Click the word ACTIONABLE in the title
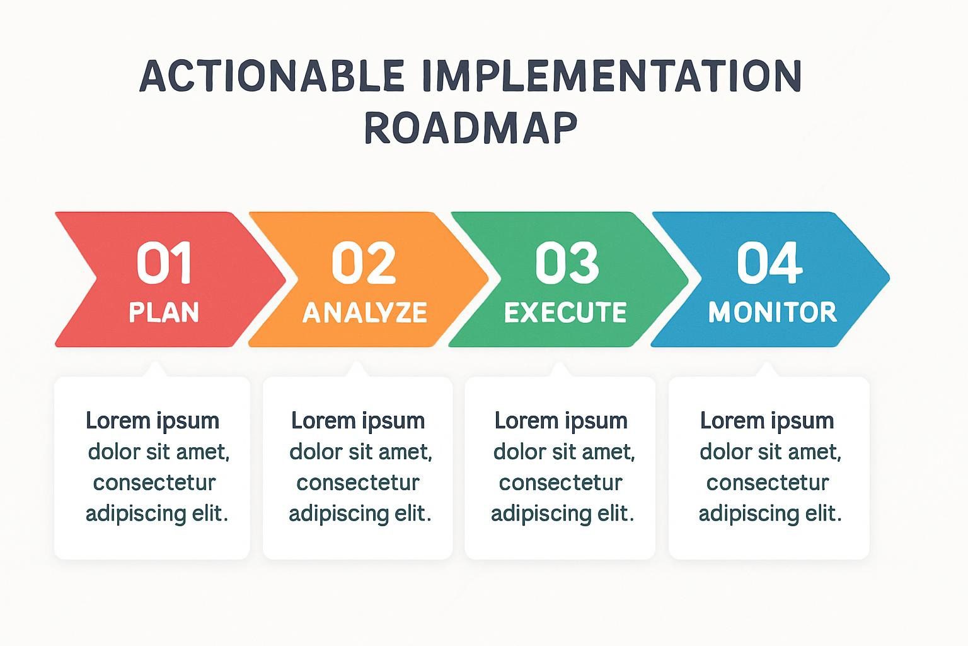(x=272, y=76)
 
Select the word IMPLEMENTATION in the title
(x=612, y=76)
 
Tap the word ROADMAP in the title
(x=471, y=127)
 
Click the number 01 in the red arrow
(x=164, y=262)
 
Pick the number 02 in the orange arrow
(x=364, y=262)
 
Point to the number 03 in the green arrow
(x=567, y=262)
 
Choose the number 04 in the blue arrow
(x=769, y=262)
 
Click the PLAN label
(x=164, y=312)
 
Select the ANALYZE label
(x=365, y=312)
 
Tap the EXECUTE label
(x=565, y=312)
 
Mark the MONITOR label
(x=773, y=312)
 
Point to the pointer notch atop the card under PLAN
(x=155, y=369)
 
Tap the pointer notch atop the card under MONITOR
(x=768, y=369)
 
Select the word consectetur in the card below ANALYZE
(x=358, y=483)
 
